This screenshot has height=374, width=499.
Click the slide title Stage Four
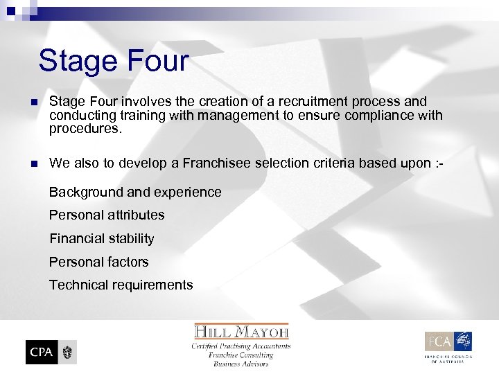113,60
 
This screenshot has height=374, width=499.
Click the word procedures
85,128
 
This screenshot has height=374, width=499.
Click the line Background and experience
135,192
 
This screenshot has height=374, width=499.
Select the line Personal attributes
107,215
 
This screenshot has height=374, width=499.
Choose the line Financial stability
102,238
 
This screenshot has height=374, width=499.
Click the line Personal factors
98,262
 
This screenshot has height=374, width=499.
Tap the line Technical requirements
121,285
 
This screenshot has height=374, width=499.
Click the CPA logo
51,352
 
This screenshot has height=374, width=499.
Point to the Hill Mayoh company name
241,331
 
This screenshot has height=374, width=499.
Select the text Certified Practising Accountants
241,346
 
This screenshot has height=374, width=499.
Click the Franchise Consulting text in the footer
241,355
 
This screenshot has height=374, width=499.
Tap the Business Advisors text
241,364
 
